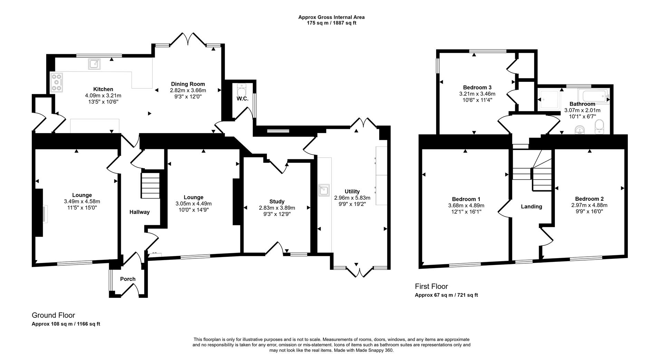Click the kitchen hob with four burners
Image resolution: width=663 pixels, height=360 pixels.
coord(57,83)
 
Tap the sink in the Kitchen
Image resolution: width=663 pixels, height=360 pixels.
coord(95,64)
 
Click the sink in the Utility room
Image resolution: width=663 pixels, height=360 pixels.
coord(324,190)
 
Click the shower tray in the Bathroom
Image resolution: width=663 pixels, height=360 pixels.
coord(549,101)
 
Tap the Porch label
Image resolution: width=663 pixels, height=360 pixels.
coord(128,279)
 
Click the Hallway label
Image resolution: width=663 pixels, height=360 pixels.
coord(140,212)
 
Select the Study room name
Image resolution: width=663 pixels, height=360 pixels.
coord(277,201)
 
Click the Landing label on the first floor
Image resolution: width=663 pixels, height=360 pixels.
coord(531,206)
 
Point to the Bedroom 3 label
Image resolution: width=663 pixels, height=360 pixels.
coord(477,87)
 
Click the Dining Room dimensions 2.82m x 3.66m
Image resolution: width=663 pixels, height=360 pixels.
coord(188,90)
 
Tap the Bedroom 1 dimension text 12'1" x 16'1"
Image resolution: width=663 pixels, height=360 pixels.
coord(466,211)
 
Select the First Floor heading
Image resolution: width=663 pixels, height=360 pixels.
coord(431,286)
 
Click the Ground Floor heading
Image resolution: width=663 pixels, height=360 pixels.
coord(53,315)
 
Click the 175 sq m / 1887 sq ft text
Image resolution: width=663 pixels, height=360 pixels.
coord(331,23)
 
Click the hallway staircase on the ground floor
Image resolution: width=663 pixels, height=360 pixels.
coord(151,186)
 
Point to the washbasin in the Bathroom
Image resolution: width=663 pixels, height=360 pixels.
coord(580,130)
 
